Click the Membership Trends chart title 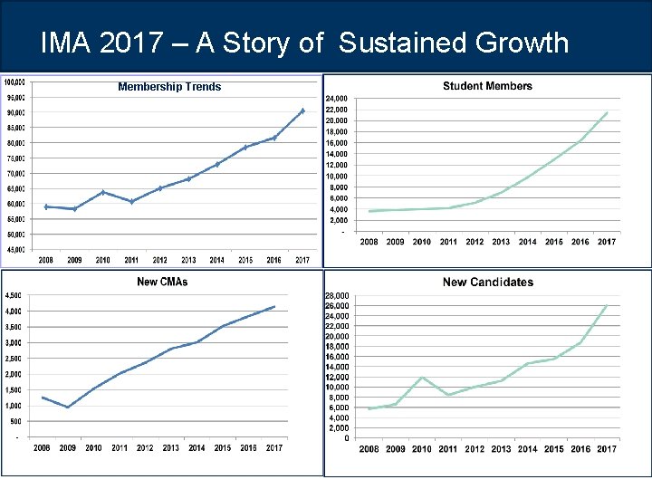[x=169, y=87]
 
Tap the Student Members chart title [x=487, y=86]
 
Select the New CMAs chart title [x=162, y=282]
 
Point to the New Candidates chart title [x=487, y=283]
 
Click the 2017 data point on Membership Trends [x=302, y=110]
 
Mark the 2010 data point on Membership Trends [x=103, y=192]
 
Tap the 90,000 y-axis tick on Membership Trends [x=15, y=113]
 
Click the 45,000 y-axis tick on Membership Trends [x=15, y=250]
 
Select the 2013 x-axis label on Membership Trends [x=188, y=261]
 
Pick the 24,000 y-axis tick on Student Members [x=335, y=98]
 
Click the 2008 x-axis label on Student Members [x=369, y=242]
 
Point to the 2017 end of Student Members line [x=607, y=113]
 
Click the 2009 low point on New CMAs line [x=67, y=407]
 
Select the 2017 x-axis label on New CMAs [x=274, y=447]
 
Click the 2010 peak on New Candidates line [x=422, y=377]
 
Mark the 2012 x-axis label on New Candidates [x=475, y=449]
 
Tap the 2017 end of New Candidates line [x=607, y=305]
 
